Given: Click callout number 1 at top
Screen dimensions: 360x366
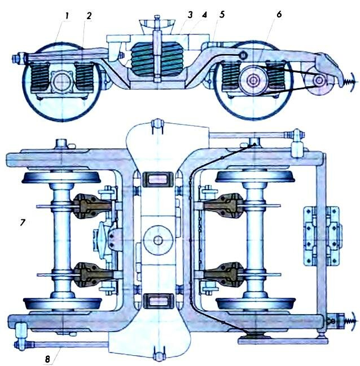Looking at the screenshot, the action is tap(67, 16).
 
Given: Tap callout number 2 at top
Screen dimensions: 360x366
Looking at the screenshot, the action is tap(89, 16).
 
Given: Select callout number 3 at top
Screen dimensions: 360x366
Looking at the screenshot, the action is tap(190, 15).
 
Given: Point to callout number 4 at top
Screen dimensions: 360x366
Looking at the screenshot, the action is tap(204, 15).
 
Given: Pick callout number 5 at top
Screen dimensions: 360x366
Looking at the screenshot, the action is tap(222, 15).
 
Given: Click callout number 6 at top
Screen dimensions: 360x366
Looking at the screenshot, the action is tap(279, 14).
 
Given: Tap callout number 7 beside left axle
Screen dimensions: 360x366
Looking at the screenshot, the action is tap(22, 222).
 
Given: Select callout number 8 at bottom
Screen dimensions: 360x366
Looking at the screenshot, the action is tap(47, 359).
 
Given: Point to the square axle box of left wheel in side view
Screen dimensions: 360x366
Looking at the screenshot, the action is tap(62, 81).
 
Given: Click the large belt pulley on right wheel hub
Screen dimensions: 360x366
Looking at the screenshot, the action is tap(253, 81).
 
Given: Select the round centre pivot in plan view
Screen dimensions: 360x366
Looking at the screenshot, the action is tap(158, 240).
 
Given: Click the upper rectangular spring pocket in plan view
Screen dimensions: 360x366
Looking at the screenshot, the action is tap(157, 179).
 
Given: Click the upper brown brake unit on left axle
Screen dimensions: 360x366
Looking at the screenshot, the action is tap(91, 206).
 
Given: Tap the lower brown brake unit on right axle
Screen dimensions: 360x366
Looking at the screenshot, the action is tap(224, 275).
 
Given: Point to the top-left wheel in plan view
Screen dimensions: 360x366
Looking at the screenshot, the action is tap(61, 178).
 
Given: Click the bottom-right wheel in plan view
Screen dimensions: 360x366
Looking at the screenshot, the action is tap(256, 303).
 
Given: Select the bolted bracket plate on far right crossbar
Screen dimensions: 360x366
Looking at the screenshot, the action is tap(322, 236).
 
